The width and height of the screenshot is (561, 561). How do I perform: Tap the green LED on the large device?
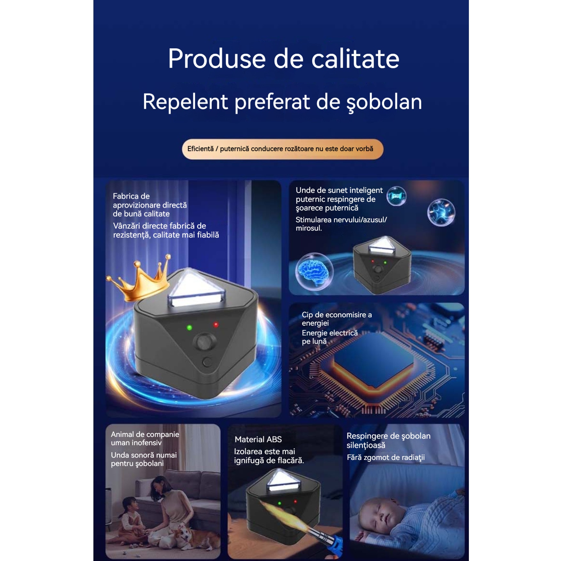[189, 328]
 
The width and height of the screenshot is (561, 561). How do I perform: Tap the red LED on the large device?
[216, 325]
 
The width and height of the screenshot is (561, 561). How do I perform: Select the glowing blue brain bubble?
[314, 272]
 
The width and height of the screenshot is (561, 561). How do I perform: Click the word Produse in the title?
[217, 59]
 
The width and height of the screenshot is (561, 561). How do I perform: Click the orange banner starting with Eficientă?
[283, 149]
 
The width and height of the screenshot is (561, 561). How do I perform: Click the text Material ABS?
[258, 439]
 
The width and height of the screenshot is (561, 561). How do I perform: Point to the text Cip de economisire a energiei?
[337, 319]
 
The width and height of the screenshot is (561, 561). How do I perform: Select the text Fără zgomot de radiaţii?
[386, 458]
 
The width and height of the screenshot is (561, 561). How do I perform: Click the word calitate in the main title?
[355, 59]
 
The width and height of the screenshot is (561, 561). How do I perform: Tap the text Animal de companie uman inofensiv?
[145, 439]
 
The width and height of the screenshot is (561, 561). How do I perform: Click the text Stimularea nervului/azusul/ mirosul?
[341, 224]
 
